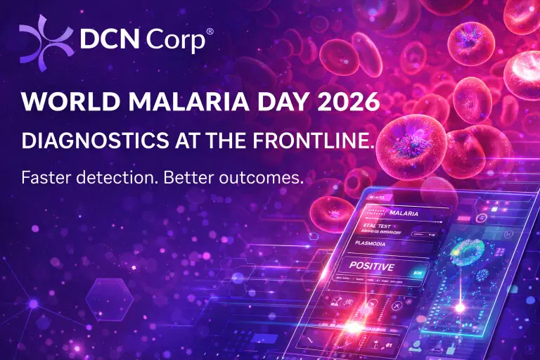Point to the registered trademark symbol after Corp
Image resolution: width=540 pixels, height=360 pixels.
coord(209,31)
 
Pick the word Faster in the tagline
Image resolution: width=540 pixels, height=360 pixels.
coord(46,178)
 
